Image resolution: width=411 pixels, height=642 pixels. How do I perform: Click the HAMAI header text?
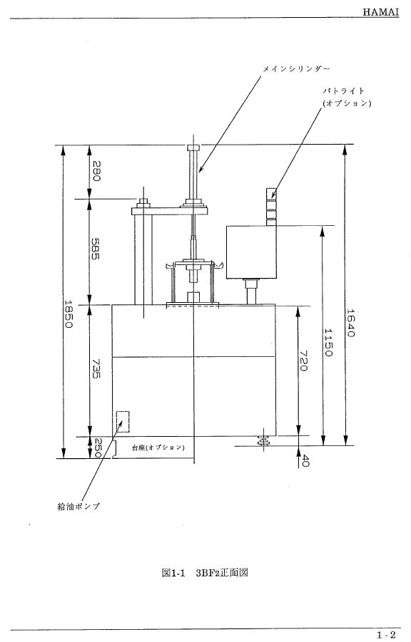click(380, 12)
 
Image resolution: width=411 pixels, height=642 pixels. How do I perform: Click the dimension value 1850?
click(68, 314)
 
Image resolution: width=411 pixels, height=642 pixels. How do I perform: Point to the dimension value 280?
click(96, 171)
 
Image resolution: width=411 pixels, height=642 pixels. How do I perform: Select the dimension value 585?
click(95, 249)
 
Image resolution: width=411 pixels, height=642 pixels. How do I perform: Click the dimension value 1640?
click(350, 323)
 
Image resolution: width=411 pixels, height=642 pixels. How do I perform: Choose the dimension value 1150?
click(328, 342)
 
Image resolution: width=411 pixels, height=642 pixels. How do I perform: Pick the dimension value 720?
click(303, 361)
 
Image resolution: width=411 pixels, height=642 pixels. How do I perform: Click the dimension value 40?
click(305, 460)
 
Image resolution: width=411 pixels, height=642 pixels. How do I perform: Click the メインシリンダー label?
click(296, 69)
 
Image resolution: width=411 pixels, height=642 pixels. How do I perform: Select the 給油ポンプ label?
click(78, 507)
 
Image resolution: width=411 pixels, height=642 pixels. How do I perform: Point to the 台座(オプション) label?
click(158, 447)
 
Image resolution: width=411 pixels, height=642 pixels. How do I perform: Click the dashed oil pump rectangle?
click(123, 422)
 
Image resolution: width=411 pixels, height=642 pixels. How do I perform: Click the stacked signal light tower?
click(271, 207)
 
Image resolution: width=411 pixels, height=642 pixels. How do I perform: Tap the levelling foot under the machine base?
click(263, 441)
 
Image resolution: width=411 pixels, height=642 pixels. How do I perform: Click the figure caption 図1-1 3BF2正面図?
click(205, 572)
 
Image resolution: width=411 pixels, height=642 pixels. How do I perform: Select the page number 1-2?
click(387, 635)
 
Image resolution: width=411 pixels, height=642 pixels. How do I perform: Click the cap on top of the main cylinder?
click(193, 148)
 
